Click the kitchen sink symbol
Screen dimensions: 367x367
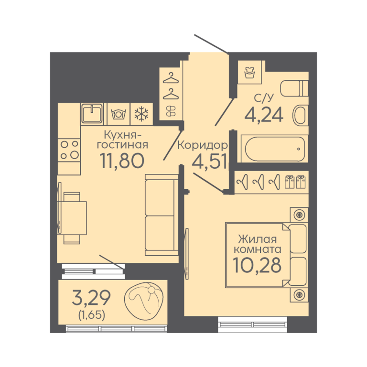(92, 114)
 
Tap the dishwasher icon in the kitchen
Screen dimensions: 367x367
(119, 114)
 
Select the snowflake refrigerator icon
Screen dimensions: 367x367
(141, 114)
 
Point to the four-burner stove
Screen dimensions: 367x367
(69, 150)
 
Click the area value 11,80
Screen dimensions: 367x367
(122, 161)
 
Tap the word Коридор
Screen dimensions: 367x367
(203, 146)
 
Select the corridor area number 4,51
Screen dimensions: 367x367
(209, 162)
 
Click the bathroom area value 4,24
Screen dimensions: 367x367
(264, 115)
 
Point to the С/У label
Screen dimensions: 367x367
(264, 98)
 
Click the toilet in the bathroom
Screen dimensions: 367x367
(294, 88)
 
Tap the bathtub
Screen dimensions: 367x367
(275, 149)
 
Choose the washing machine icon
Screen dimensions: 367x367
(249, 72)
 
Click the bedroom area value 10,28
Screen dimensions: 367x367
(258, 265)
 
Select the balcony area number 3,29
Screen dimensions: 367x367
(91, 298)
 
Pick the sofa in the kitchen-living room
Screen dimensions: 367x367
(162, 215)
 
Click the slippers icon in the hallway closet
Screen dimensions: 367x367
(171, 111)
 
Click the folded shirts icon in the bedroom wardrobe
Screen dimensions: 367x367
(295, 182)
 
